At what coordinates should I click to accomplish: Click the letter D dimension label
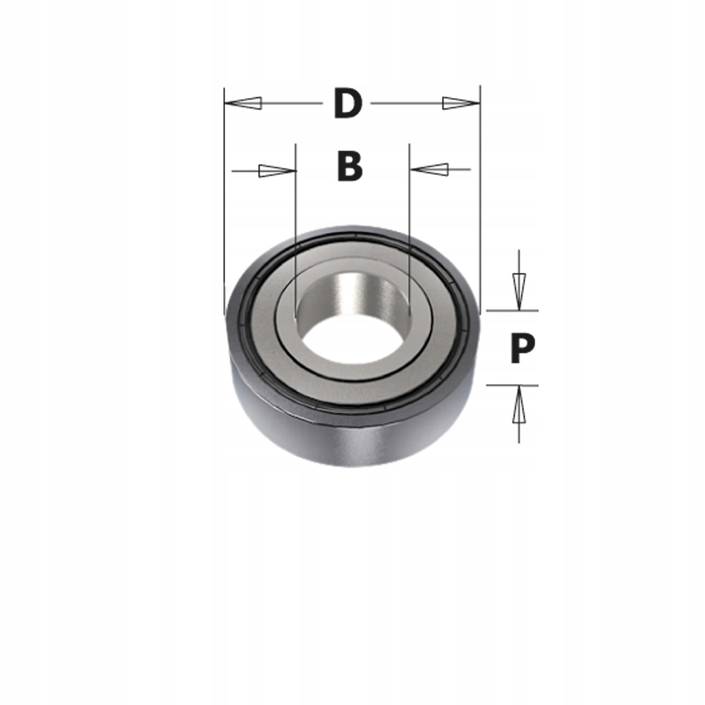coord(348,104)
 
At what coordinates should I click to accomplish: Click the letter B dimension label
coord(350,167)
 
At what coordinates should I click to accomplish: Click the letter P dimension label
coord(522,348)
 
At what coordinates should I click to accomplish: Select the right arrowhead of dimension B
coord(429,169)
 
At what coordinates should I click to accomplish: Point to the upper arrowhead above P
coord(519,290)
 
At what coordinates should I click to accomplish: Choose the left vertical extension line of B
coord(295,211)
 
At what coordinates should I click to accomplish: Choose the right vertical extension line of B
coord(410,211)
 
